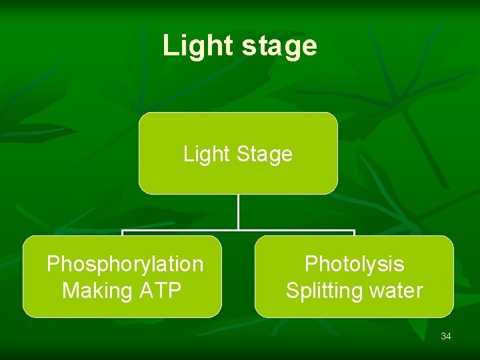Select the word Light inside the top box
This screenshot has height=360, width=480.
206,154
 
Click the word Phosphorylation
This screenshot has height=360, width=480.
125,264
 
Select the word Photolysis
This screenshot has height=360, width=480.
354,264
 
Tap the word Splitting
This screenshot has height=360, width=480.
323,291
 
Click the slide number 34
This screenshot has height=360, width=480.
446,336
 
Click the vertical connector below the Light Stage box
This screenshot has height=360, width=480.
238,212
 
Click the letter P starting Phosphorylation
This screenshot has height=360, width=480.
53,264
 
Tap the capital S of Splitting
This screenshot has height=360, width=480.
292,291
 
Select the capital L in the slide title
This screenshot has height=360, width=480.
169,46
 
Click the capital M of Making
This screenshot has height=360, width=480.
69,291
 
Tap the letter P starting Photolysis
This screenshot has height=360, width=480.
311,264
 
